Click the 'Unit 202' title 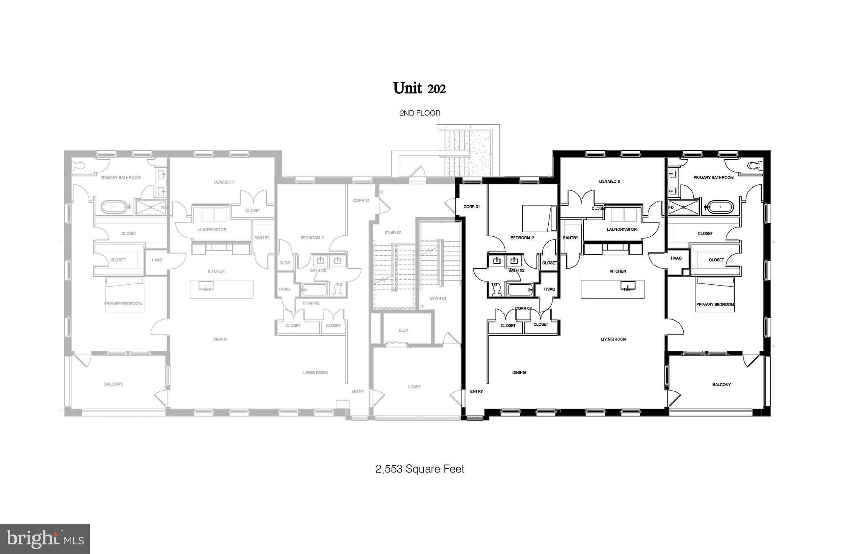tap(419, 88)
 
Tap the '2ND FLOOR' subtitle tap(419, 113)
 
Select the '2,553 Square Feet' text tap(419, 469)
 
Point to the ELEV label tap(403, 330)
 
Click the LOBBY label tap(414, 387)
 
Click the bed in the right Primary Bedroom tap(715, 295)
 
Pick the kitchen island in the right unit tap(612, 289)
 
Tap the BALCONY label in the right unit tap(721, 384)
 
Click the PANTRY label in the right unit tap(570, 238)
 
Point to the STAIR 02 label tap(393, 232)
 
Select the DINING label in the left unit tap(220, 339)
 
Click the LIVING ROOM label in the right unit tap(613, 339)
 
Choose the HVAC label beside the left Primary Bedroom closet tap(157, 260)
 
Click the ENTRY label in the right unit tap(476, 391)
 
